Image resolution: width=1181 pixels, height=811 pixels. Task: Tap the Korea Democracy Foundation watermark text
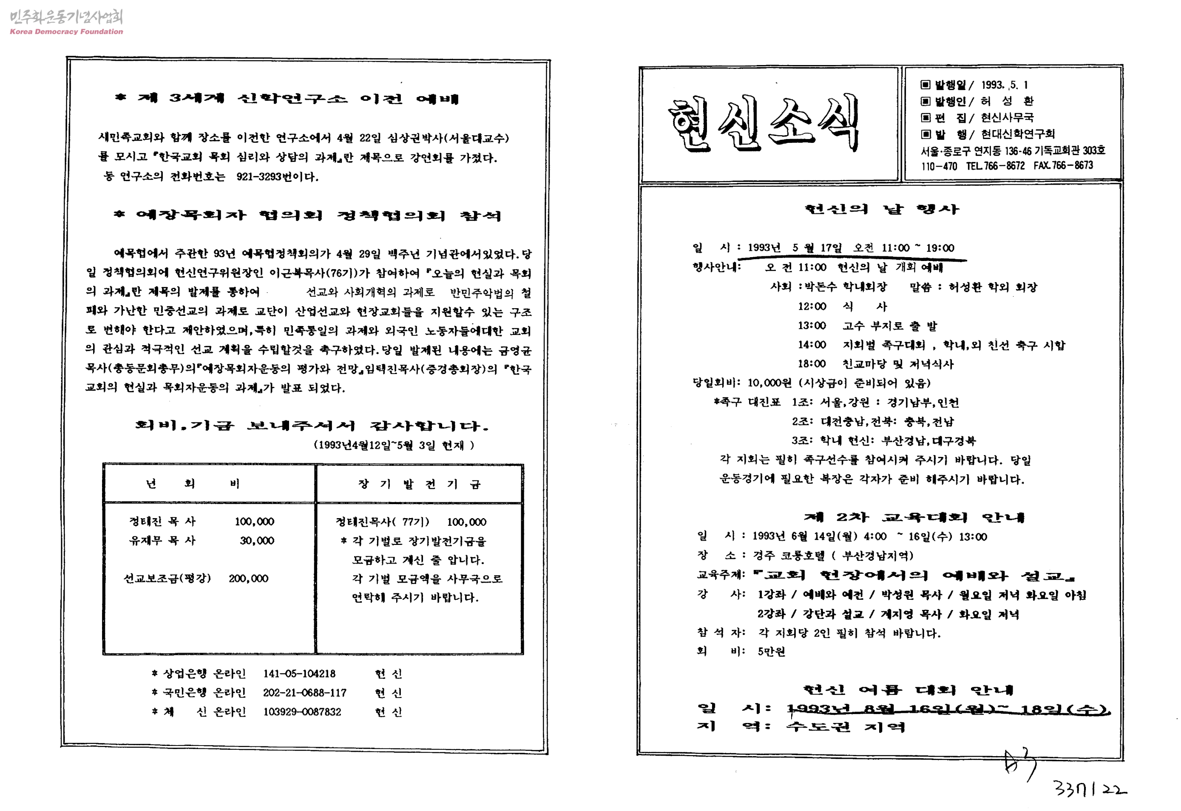click(66, 31)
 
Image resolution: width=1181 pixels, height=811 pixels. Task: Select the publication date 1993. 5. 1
click(1004, 85)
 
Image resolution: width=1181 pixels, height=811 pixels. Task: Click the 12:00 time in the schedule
click(812, 306)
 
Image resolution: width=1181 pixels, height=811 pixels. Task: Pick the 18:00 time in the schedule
click(812, 364)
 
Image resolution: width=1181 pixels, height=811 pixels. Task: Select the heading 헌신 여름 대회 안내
click(908, 689)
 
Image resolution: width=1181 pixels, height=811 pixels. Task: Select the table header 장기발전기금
click(419, 484)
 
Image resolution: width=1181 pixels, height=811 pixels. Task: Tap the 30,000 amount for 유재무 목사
click(257, 541)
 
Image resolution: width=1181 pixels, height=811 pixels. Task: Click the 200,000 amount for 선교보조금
click(249, 578)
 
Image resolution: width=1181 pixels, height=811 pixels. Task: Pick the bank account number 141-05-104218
click(299, 674)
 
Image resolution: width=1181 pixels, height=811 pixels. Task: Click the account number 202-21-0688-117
click(304, 692)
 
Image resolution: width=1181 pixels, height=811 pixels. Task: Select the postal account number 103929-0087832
click(302, 712)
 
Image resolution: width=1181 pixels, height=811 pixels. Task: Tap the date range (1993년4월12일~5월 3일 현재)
click(394, 445)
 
